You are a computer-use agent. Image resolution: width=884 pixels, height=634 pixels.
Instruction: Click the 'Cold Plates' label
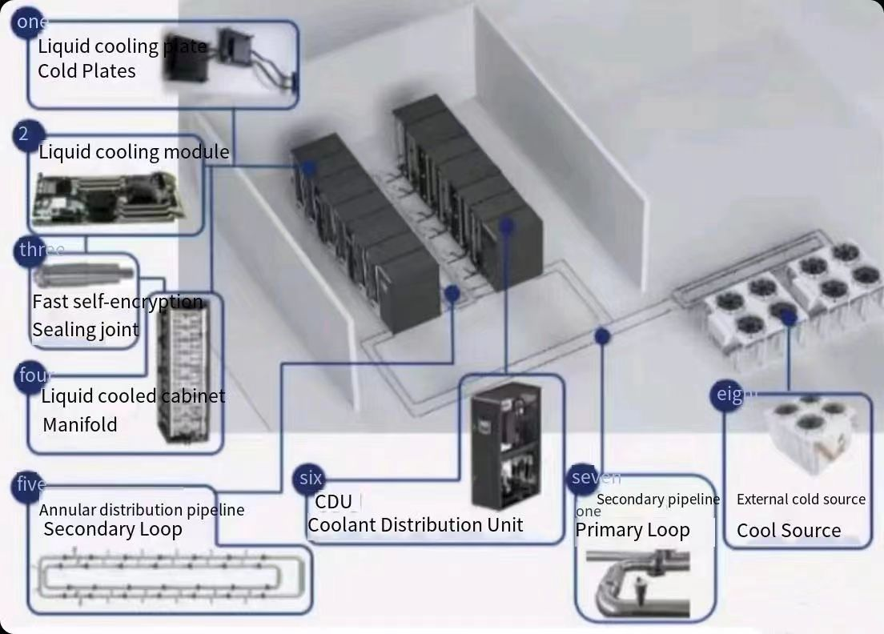coord(86,71)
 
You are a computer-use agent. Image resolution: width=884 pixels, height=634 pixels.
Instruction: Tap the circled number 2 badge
coord(25,134)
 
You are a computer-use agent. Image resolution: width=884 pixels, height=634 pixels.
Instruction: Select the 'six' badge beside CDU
coord(310,479)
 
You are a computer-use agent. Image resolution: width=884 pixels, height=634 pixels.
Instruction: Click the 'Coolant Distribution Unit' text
coord(415,525)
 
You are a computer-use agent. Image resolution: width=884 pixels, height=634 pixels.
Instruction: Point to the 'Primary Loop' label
coord(632,530)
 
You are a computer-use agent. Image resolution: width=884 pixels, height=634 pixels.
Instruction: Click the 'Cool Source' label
coord(788,531)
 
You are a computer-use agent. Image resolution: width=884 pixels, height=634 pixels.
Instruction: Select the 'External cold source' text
coord(800,500)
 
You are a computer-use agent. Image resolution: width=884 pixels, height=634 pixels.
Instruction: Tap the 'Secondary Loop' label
coord(112,529)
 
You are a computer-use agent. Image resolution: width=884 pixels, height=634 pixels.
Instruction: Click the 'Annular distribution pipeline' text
coord(142,510)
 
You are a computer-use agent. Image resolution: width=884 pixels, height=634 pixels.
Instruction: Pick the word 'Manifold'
coord(79,424)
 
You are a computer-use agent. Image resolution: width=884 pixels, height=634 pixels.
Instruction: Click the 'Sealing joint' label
coord(85,330)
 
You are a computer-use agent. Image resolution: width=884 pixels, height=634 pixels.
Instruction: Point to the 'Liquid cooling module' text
coord(134,152)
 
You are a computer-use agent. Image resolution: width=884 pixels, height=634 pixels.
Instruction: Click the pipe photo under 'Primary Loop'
coord(637,581)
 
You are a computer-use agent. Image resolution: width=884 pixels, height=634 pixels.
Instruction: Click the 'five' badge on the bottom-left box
coord(30,485)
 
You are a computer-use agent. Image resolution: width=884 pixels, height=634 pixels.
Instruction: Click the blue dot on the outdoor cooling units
coord(788,318)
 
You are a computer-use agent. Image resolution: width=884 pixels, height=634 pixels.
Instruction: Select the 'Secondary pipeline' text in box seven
coord(657,500)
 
